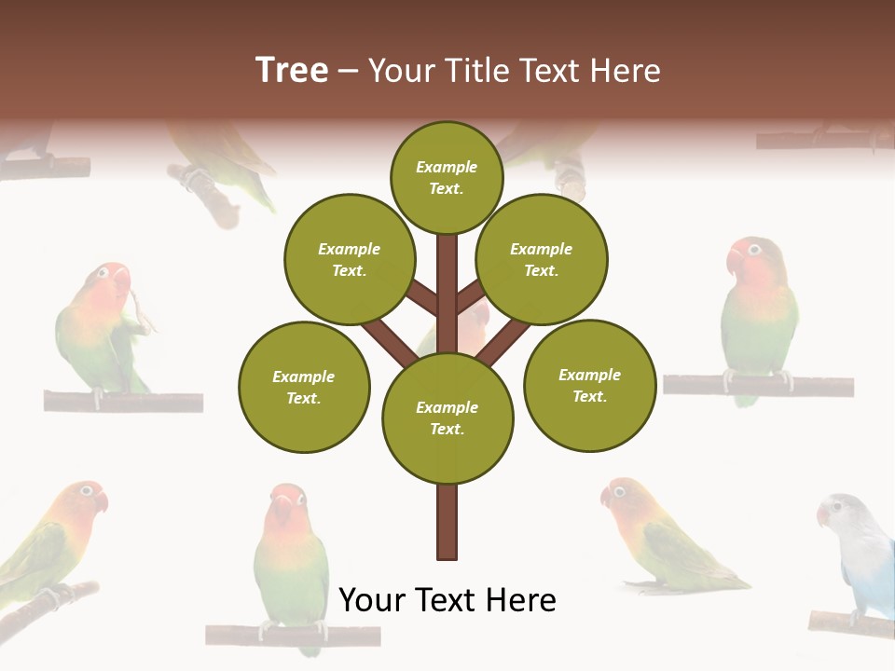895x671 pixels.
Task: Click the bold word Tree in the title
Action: tap(292, 70)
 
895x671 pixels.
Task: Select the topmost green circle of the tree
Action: tap(447, 177)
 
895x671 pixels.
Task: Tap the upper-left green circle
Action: tap(349, 259)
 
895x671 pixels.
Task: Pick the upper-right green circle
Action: tap(541, 259)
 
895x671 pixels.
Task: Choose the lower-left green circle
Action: tap(304, 387)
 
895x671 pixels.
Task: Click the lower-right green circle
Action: tap(589, 385)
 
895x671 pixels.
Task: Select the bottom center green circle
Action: tap(447, 418)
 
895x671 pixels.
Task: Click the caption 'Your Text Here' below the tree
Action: tap(447, 600)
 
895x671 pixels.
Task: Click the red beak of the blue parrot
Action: tap(823, 515)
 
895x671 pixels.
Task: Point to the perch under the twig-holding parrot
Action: tap(123, 402)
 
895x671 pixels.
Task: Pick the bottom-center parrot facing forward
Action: tap(291, 559)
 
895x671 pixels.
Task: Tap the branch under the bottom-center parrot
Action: tap(293, 636)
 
